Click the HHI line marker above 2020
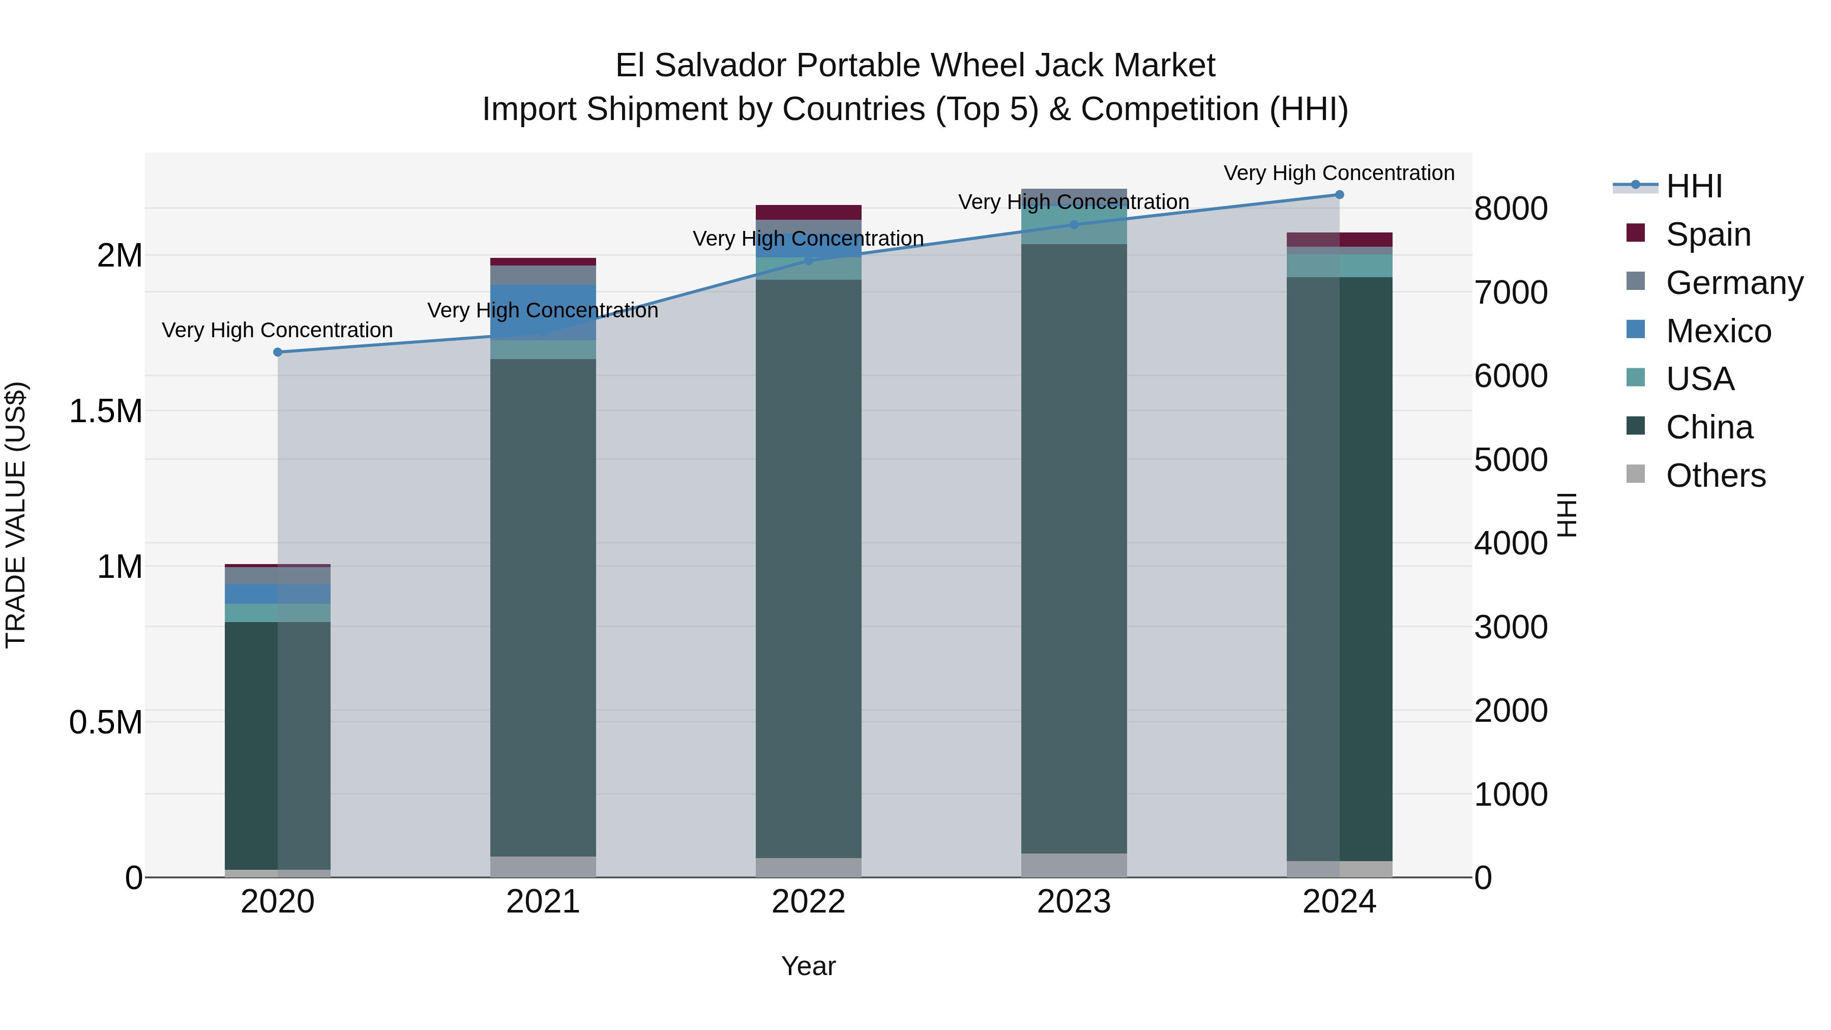tap(278, 352)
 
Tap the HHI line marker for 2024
tap(1339, 194)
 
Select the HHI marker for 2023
tap(1074, 225)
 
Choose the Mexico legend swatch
tap(1636, 330)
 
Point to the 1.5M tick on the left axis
tap(105, 411)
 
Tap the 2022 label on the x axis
tap(808, 901)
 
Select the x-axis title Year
tap(808, 966)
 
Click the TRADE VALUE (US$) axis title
tap(16, 515)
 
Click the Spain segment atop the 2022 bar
tap(808, 212)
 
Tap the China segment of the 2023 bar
tap(1074, 547)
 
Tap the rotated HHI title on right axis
tap(1566, 515)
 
